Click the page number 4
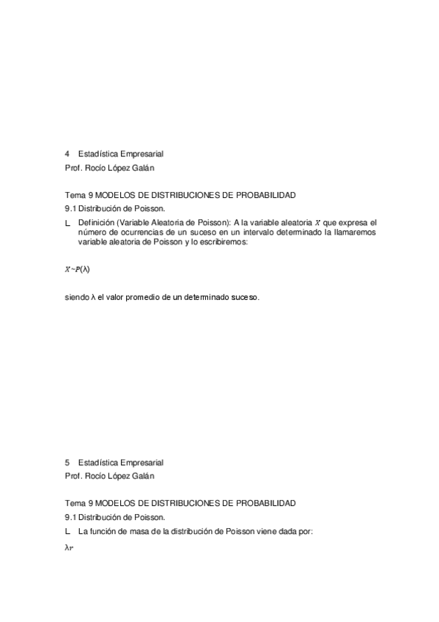[67, 154]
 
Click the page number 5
[67, 463]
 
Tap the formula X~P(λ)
[78, 269]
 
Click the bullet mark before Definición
[68, 222]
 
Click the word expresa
[348, 222]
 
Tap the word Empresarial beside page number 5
[137, 463]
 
